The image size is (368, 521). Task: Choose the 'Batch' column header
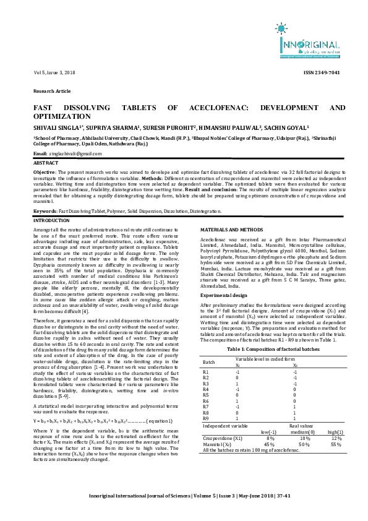[x=209, y=361]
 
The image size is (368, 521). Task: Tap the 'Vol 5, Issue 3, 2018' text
[x=53, y=73]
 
